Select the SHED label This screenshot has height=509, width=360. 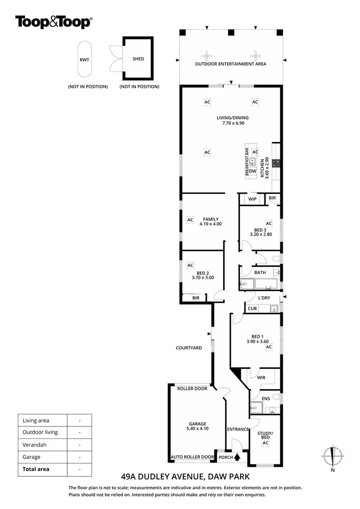[138, 59]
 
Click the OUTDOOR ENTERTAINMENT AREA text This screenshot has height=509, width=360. [230, 64]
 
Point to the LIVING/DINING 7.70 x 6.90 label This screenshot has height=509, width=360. [232, 120]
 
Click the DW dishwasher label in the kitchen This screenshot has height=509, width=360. [252, 171]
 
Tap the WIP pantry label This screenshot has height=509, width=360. [252, 199]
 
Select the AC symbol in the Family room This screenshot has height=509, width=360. [190, 220]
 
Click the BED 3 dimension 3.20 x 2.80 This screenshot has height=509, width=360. [261, 235]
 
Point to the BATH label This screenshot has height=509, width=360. [260, 272]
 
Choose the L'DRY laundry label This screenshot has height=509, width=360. [264, 298]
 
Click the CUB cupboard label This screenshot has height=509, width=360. [252, 308]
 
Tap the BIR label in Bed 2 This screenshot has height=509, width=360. [195, 298]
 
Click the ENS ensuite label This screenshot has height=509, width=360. [265, 399]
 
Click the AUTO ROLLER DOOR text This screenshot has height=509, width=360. [192, 457]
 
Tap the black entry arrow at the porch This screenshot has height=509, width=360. [237, 457]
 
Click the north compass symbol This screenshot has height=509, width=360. [333, 456]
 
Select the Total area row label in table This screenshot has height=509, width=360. [36, 469]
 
